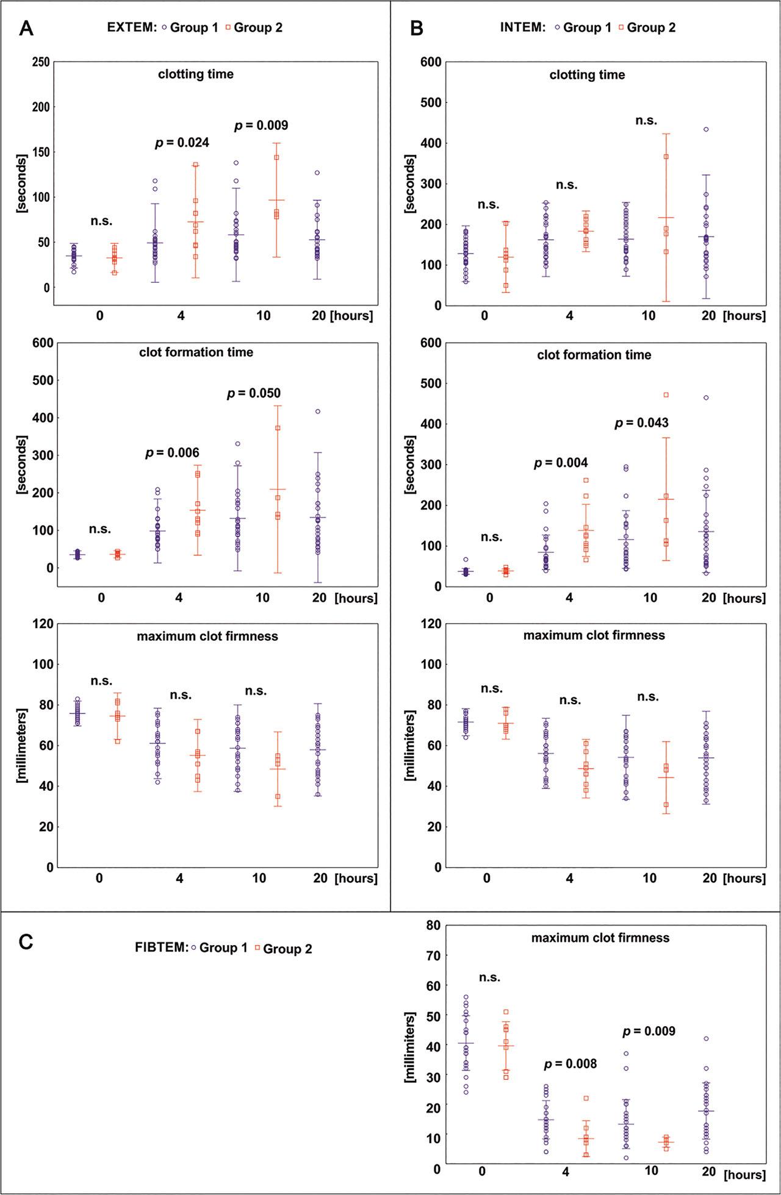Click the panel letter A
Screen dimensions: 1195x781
tap(26, 29)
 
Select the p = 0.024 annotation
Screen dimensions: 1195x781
tap(182, 143)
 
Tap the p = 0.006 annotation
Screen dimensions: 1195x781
tap(172, 453)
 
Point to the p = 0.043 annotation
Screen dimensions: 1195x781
tap(641, 423)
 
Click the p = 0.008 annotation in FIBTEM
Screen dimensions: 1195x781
tap(570, 1064)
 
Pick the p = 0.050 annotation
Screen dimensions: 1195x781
tap(254, 393)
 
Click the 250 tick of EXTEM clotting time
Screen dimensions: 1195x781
tap(38, 62)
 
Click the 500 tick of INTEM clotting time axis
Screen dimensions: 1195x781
tap(431, 102)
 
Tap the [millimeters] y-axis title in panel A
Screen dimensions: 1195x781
tap(23, 746)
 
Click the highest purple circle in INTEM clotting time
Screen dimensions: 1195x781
tap(706, 129)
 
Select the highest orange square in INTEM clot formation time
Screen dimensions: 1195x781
tap(666, 395)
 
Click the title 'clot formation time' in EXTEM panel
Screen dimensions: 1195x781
tap(196, 352)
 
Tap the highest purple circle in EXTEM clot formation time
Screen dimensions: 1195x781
tap(318, 412)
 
